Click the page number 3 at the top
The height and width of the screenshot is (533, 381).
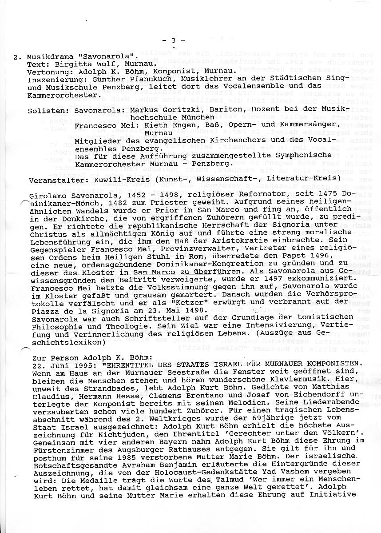point(174,40)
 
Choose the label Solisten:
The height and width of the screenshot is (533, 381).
point(46,108)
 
